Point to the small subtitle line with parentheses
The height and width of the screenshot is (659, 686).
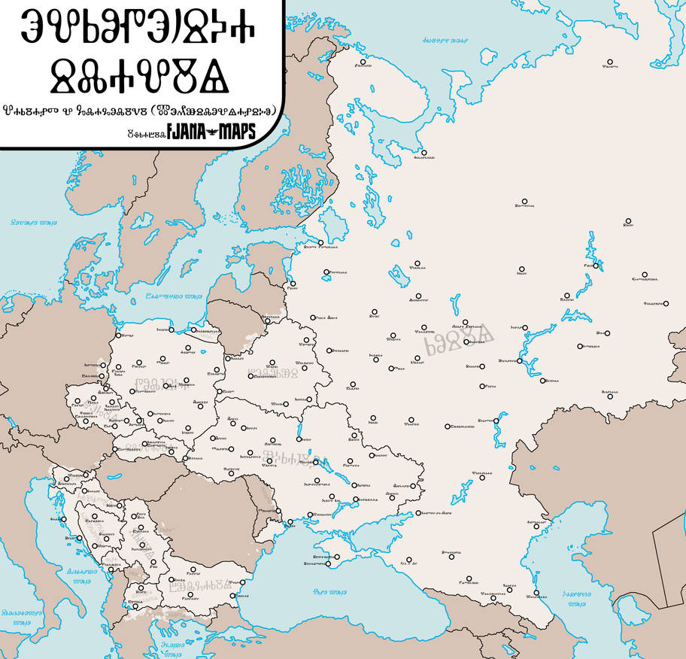140,111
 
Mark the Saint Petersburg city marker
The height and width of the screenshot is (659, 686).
321,242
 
